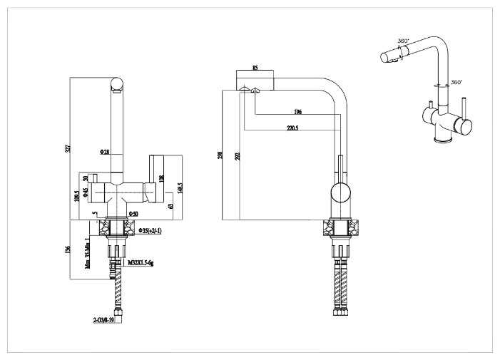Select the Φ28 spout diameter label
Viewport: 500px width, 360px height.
(104, 152)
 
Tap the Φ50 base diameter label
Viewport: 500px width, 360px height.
(133, 213)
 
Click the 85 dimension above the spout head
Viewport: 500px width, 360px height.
(255, 68)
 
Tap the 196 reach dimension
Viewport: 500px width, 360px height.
(298, 112)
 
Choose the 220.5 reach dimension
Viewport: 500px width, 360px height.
(292, 128)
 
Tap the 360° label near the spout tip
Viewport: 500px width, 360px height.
(402, 41)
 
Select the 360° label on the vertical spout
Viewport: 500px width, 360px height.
(456, 82)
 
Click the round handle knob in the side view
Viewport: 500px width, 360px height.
(340, 192)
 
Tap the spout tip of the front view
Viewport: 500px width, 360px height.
(118, 88)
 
